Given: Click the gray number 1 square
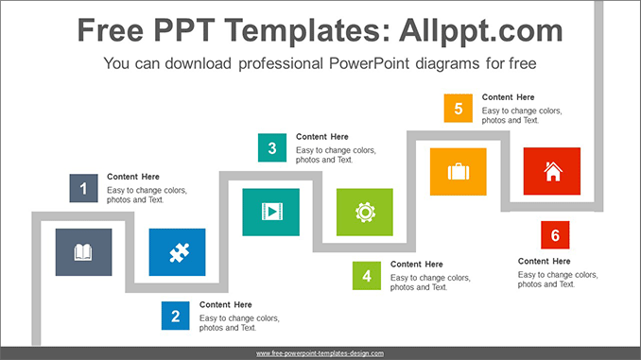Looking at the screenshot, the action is [x=83, y=188].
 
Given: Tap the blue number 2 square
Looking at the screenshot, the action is [x=175, y=316].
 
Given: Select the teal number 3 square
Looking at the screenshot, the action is [x=272, y=147].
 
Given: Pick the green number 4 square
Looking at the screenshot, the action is [x=367, y=276].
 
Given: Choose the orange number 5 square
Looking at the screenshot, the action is [x=459, y=109].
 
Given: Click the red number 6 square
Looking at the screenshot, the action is [x=555, y=235].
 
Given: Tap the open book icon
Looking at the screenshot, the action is [x=83, y=252].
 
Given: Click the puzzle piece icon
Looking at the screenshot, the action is [x=180, y=252].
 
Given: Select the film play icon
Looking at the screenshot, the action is [x=272, y=212].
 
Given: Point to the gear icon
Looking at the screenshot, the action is [x=365, y=212].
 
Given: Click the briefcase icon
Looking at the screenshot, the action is [x=459, y=172].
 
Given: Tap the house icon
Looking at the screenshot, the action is [x=553, y=171].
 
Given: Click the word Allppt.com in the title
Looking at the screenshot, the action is [x=481, y=30].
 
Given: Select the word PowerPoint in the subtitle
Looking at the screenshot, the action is [x=369, y=63].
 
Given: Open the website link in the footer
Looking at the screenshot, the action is [x=320, y=353].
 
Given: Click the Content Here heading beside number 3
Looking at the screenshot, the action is [x=322, y=137].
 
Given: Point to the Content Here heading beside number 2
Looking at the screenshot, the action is [x=226, y=305].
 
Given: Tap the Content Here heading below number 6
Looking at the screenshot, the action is [x=545, y=262].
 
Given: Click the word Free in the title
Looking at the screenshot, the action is [x=111, y=30].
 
